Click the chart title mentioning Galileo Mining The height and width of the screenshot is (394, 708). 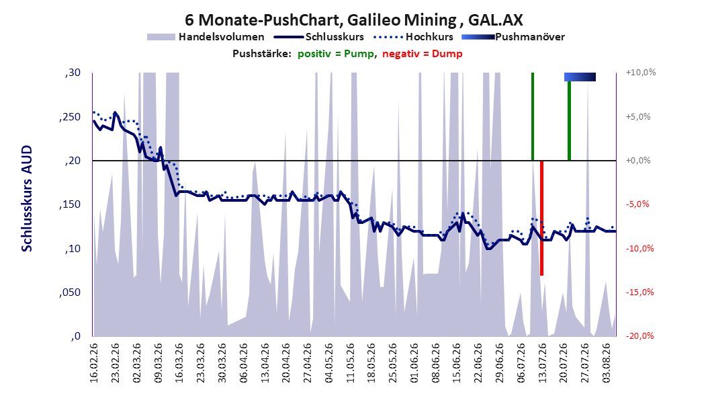coord(354,20)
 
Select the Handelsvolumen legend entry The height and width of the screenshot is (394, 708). coord(206,37)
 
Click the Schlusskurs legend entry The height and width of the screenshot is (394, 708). coord(319,37)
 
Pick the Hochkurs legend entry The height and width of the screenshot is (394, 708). coord(414,37)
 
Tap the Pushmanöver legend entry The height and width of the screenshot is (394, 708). coord(513,37)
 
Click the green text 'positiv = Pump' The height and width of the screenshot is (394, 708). coord(336,54)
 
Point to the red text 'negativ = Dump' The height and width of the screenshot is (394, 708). coord(423,54)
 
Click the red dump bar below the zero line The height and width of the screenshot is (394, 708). coord(541,218)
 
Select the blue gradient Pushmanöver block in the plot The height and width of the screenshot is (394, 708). coord(580,77)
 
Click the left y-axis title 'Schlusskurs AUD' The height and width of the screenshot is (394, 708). coord(27,198)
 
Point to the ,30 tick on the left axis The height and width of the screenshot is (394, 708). coord(73,73)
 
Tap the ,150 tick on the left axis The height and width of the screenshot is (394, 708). coord(70,204)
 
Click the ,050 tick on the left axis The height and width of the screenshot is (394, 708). coord(70,292)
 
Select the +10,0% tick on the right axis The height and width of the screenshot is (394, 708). coord(641,73)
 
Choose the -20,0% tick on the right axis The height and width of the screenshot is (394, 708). coord(639,336)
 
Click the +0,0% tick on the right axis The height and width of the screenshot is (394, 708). coord(638,161)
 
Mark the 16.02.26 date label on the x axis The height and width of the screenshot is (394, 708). coord(94,363)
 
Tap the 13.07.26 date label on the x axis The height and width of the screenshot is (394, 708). coord(543,363)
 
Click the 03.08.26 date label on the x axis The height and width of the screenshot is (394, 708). coord(607,363)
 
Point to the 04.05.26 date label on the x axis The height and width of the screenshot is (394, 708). coord(329,363)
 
